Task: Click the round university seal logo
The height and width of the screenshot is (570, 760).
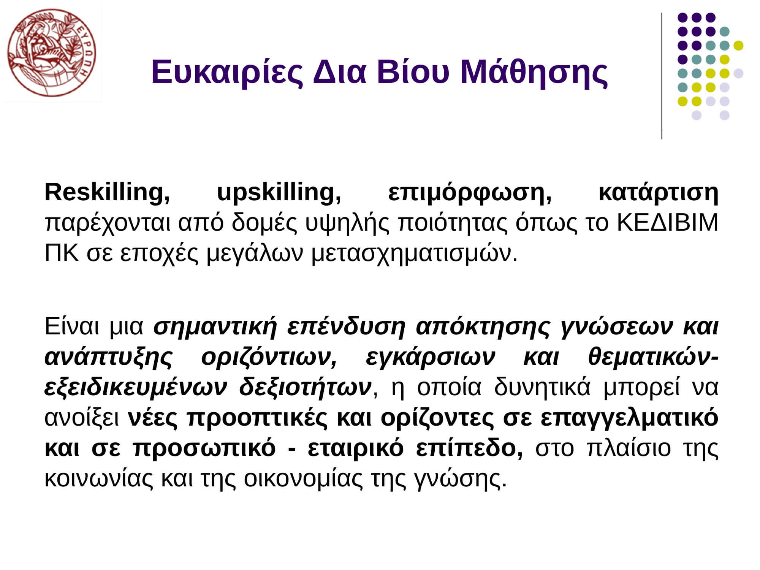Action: click(52, 53)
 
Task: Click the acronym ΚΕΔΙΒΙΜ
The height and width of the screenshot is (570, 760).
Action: click(667, 223)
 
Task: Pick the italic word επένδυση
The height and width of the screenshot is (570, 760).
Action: click(346, 327)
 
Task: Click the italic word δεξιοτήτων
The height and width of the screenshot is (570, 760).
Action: click(305, 387)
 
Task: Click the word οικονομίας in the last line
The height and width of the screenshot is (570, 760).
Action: click(304, 479)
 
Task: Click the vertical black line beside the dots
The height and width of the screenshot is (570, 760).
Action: click(662, 76)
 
